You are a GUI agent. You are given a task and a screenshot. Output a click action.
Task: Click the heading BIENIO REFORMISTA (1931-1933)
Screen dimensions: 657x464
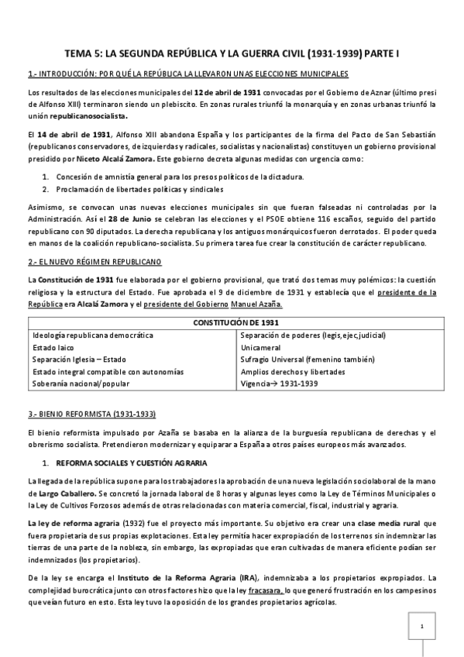pos(87,413)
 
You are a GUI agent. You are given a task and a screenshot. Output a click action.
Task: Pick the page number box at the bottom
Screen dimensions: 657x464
pos(421,626)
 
